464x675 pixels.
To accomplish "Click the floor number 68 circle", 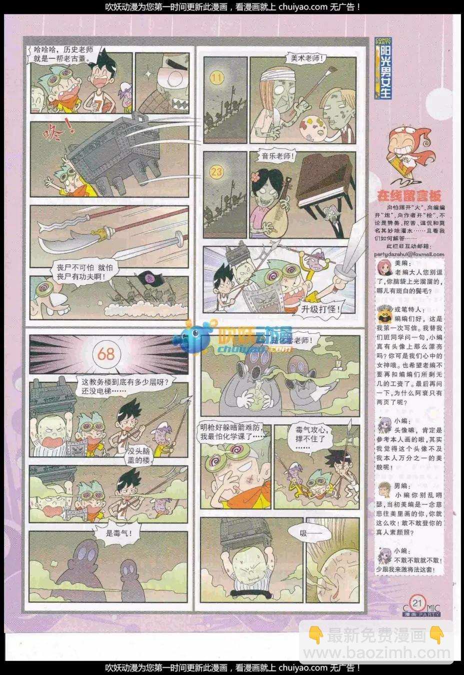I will point(106,354).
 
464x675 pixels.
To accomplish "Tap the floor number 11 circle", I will point(217,78).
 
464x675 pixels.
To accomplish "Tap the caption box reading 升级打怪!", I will point(320,309).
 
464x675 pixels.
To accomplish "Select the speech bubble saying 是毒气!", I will point(119,533).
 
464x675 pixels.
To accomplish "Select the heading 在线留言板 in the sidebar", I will point(408,196).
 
